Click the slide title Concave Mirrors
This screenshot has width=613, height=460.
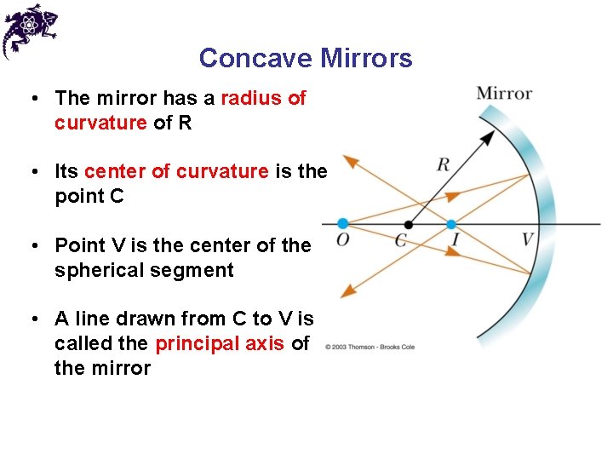tap(306, 58)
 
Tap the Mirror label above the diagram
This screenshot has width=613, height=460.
tap(504, 93)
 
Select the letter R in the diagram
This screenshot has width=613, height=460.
tap(443, 164)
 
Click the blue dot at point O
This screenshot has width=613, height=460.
tap(342, 224)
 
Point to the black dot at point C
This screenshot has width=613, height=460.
tap(409, 225)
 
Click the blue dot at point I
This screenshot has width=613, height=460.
tap(451, 225)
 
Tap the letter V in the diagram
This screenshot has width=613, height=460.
tap(528, 239)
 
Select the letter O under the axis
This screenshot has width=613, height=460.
tap(342, 240)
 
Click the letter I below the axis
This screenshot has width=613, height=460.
tap(455, 241)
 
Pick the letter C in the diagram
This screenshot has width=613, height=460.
tap(400, 241)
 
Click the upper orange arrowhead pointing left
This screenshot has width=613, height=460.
tap(348, 160)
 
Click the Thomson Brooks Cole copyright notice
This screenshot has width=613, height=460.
tap(370, 348)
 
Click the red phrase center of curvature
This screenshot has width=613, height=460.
tap(176, 171)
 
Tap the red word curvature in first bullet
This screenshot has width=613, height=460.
tap(100, 123)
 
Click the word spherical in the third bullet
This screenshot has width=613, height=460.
tap(94, 270)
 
